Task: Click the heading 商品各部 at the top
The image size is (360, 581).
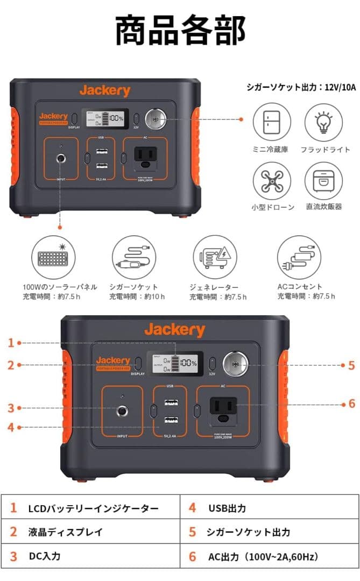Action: (x=180, y=31)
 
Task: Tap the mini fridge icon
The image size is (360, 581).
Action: (x=271, y=123)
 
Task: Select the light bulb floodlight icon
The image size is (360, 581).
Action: (x=323, y=123)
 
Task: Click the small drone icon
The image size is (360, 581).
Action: (x=271, y=181)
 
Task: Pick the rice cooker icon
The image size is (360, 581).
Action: (x=323, y=181)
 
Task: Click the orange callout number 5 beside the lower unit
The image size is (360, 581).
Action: (x=351, y=365)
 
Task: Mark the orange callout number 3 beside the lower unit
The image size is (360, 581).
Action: (x=11, y=408)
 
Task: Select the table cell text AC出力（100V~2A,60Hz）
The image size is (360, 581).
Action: (x=263, y=556)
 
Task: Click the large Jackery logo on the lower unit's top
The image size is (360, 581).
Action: (x=174, y=330)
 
